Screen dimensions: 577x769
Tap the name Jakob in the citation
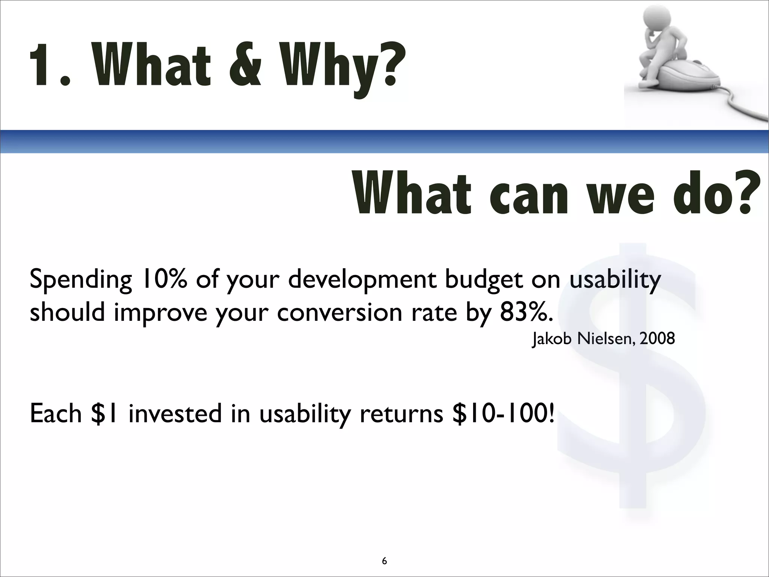(552, 339)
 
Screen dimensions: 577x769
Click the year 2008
(657, 339)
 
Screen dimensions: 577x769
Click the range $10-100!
(503, 414)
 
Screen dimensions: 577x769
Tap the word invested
(175, 414)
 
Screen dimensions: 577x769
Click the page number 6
(384, 551)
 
